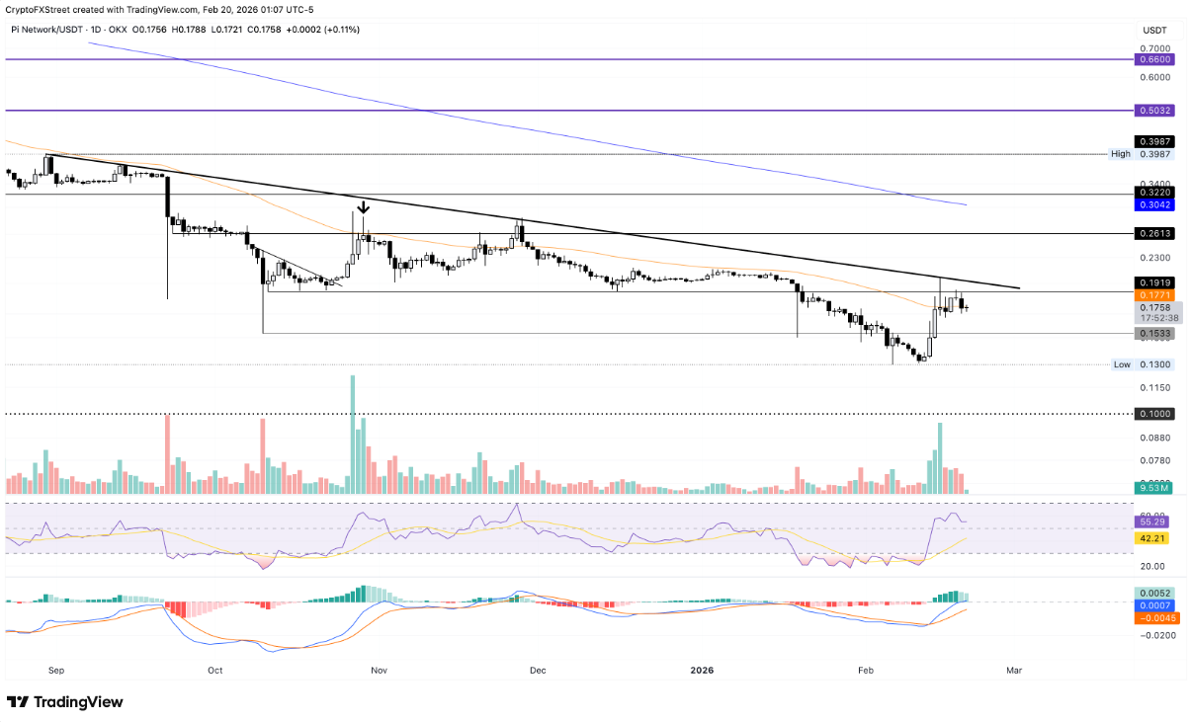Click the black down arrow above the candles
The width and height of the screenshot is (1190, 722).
[364, 207]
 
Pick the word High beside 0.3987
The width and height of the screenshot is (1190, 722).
[1120, 154]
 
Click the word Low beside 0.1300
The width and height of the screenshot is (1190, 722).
[1122, 364]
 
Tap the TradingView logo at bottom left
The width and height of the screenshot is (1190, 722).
[65, 701]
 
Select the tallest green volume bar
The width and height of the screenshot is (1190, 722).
[353, 435]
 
